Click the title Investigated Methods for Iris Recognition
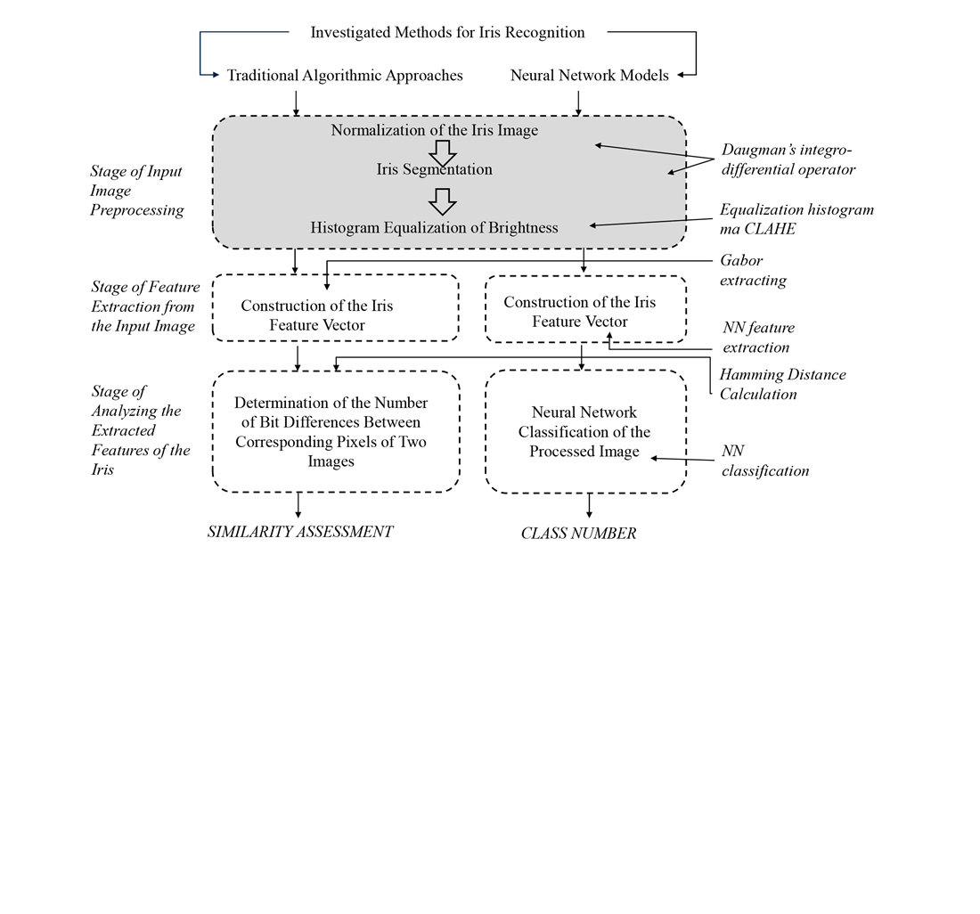(x=447, y=33)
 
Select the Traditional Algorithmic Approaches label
(x=345, y=76)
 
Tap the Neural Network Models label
(x=589, y=76)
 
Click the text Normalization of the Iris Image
(x=435, y=130)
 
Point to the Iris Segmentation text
(x=434, y=169)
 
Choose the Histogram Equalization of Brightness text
(x=434, y=228)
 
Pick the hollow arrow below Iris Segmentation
(x=442, y=200)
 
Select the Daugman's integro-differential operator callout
(x=788, y=159)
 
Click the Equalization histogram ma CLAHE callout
(x=796, y=219)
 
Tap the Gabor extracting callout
(x=753, y=271)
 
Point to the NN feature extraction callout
(x=757, y=338)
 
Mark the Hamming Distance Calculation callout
(x=782, y=384)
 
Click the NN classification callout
(x=764, y=461)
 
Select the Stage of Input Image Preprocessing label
(x=137, y=191)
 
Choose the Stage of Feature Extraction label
(x=145, y=306)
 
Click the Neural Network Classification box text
(x=584, y=432)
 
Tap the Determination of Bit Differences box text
(x=331, y=432)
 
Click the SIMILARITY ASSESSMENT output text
(x=300, y=532)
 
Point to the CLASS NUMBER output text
(x=578, y=534)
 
